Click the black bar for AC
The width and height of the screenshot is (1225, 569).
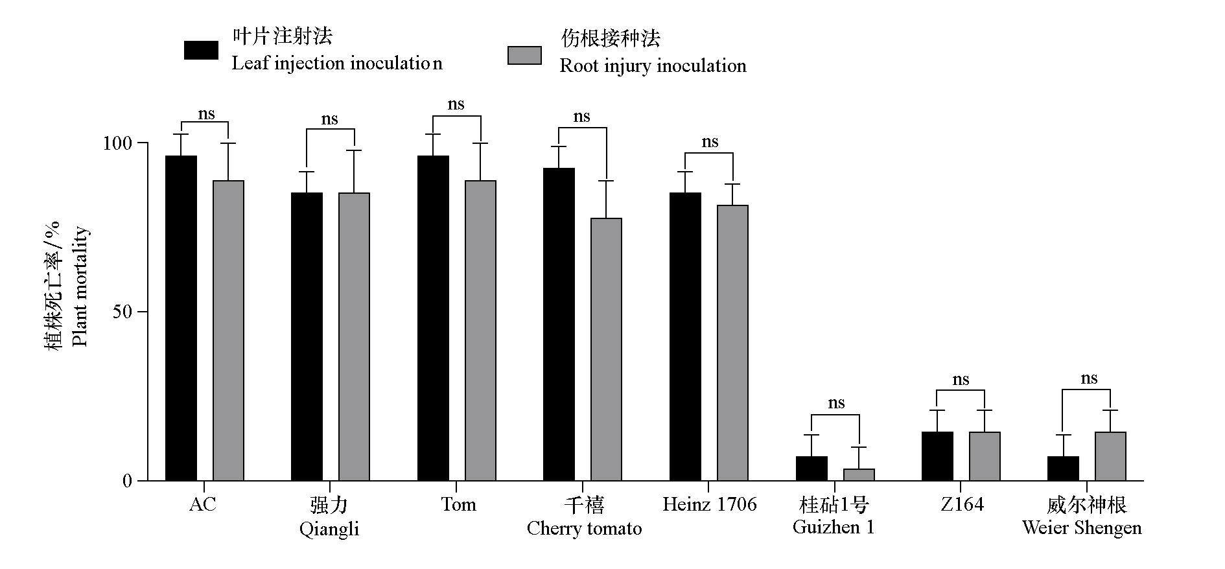pyautogui.click(x=181, y=318)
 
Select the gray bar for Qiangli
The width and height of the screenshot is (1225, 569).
pyautogui.click(x=354, y=336)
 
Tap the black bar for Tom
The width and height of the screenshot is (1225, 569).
pyautogui.click(x=433, y=318)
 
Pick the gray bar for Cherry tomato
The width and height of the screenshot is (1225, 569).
pyautogui.click(x=606, y=349)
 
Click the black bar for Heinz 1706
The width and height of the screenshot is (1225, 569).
pyautogui.click(x=685, y=336)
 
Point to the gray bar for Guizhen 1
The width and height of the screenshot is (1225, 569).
pyautogui.click(x=859, y=474)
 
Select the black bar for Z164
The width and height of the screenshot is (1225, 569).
pyautogui.click(x=937, y=456)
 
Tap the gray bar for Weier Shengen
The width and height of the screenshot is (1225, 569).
pyautogui.click(x=1110, y=456)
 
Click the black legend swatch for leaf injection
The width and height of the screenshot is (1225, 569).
pyautogui.click(x=201, y=51)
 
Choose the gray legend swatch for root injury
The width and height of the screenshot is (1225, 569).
pyautogui.click(x=524, y=56)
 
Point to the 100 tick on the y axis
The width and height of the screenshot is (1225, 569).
pyautogui.click(x=143, y=143)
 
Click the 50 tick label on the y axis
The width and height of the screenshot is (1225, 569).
pyautogui.click(x=122, y=312)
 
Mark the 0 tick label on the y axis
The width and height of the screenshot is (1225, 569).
pyautogui.click(x=127, y=481)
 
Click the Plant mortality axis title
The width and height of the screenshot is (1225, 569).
pyautogui.click(x=80, y=286)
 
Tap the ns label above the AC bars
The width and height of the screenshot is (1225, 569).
pyautogui.click(x=206, y=114)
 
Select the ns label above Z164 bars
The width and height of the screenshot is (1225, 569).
pyautogui.click(x=961, y=380)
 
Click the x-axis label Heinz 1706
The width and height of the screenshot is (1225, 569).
pyautogui.click(x=709, y=504)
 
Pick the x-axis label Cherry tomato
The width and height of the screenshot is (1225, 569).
pyautogui.click(x=584, y=528)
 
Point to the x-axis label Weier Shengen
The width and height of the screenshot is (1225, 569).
pyautogui.click(x=1082, y=528)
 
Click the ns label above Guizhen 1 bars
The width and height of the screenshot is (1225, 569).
pyautogui.click(x=836, y=403)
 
